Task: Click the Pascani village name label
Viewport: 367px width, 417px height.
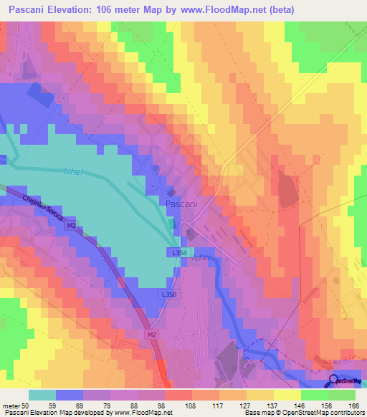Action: point(181,204)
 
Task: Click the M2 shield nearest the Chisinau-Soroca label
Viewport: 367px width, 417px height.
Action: point(71,226)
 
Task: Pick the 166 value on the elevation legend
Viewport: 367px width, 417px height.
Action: point(352,406)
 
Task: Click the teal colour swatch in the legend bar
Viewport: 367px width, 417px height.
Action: point(42,395)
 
